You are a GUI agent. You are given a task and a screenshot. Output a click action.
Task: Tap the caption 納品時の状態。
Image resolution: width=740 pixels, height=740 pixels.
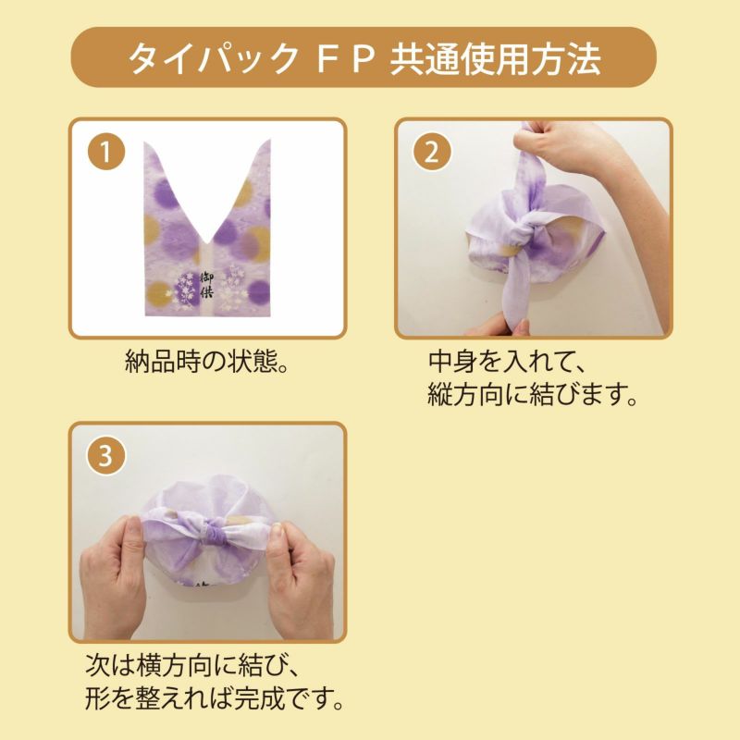207,361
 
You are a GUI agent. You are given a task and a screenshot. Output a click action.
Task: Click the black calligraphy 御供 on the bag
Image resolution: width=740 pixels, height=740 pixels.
207,280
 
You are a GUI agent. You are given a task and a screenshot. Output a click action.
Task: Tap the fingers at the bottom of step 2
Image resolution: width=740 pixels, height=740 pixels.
495,324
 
